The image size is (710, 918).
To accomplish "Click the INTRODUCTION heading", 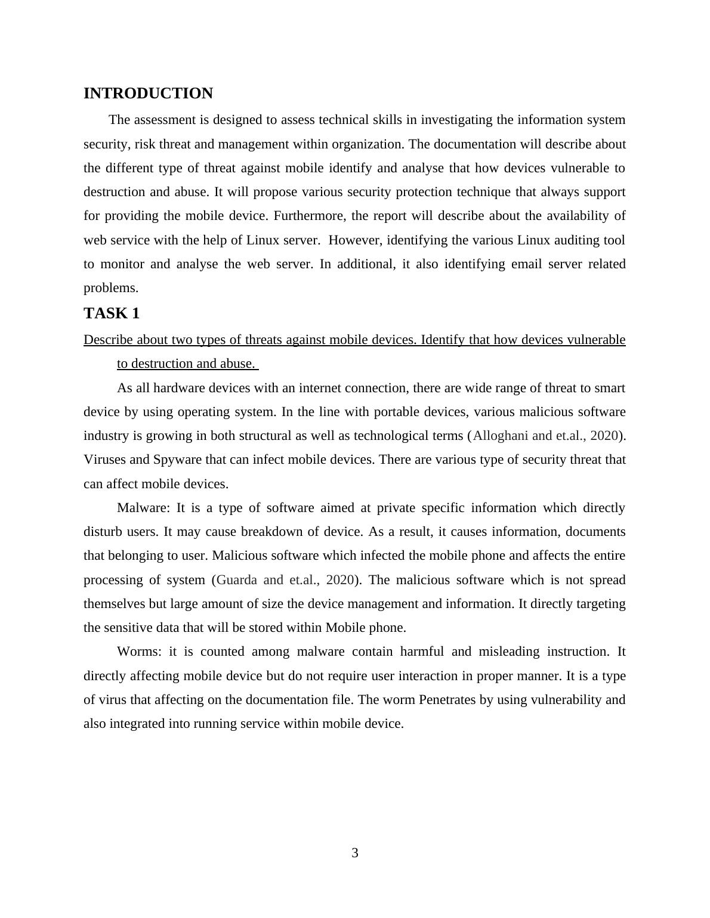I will pos(148,94).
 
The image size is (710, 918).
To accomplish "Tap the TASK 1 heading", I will pos(112,314).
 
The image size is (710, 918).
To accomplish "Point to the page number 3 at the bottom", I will pos(355,853).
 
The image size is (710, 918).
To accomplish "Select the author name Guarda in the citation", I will pos(237,580).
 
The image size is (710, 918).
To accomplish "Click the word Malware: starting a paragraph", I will pos(143,508).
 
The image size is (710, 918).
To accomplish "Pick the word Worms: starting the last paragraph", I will pos(139,652).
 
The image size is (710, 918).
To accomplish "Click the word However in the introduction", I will pos(354,240).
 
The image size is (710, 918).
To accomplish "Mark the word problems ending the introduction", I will pos(110,288).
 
